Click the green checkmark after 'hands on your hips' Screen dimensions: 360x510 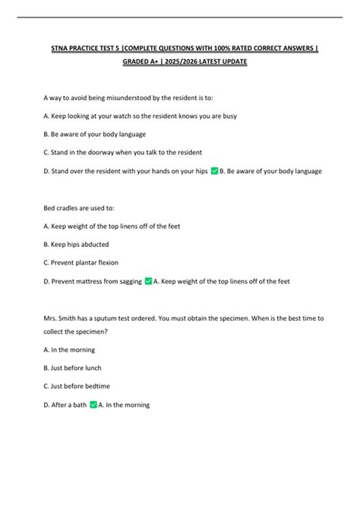click(213, 171)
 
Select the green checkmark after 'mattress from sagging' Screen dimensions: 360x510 click(148, 280)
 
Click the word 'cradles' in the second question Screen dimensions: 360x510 click(66, 207)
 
